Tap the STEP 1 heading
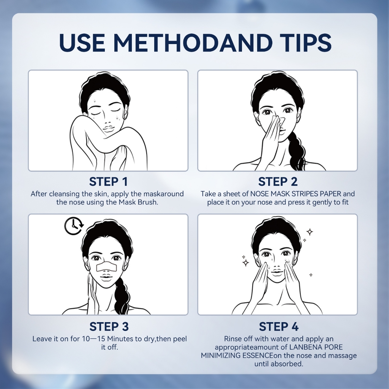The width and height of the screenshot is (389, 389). point(108,182)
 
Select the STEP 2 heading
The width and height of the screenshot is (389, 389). point(278,182)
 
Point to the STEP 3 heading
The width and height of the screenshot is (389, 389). point(109,326)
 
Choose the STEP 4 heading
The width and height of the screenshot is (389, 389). point(278,326)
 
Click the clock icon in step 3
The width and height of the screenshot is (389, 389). point(74,226)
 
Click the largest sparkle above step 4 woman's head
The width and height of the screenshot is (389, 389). point(310,232)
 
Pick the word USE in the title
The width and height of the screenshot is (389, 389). point(82,43)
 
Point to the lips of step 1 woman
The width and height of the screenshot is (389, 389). point(108,130)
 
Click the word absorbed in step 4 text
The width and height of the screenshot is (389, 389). point(287,364)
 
